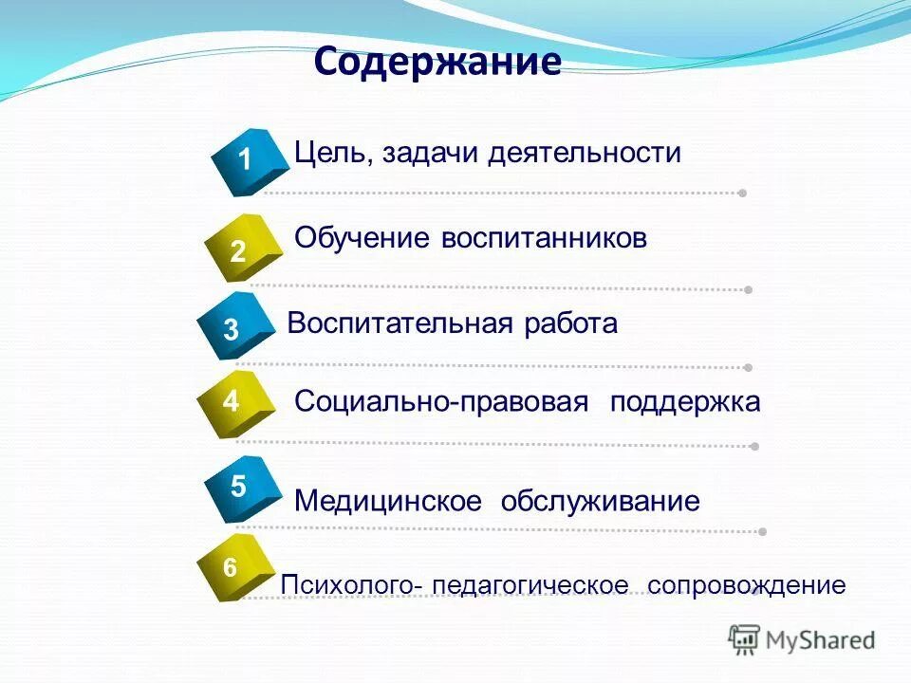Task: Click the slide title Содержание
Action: pyautogui.click(x=437, y=63)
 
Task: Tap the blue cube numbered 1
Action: pyautogui.click(x=250, y=161)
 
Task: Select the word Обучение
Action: pyautogui.click(x=363, y=238)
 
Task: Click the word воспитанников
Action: pyautogui.click(x=544, y=238)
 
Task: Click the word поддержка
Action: pyautogui.click(x=685, y=402)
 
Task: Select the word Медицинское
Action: pyautogui.click(x=388, y=501)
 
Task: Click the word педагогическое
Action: pyautogui.click(x=530, y=585)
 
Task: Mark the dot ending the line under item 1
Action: pyautogui.click(x=742, y=193)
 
